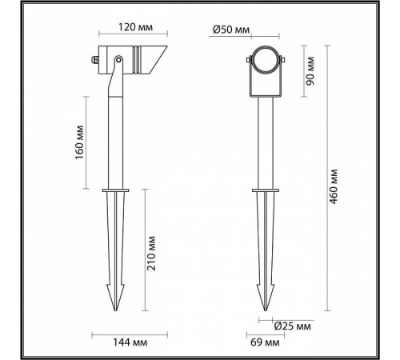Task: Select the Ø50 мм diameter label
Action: coord(233,30)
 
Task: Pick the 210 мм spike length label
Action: coord(157,254)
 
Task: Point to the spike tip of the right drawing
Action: coord(266,310)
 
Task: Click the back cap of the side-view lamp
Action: coord(95,59)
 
